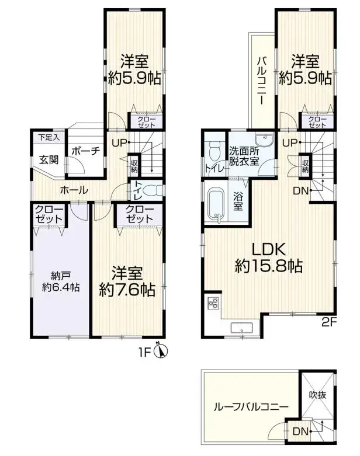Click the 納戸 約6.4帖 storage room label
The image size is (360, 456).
point(61,281)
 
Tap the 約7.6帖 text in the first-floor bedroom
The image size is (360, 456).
point(126,289)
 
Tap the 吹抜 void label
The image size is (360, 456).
point(319,395)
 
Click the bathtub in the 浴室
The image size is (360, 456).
point(217,204)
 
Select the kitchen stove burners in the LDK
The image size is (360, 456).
point(213,304)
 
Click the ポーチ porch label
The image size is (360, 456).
point(85,150)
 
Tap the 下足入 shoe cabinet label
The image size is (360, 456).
point(46,138)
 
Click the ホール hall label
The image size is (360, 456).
point(74,190)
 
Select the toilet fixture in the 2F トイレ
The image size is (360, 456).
point(214,151)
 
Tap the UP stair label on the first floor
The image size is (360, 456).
point(119,142)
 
